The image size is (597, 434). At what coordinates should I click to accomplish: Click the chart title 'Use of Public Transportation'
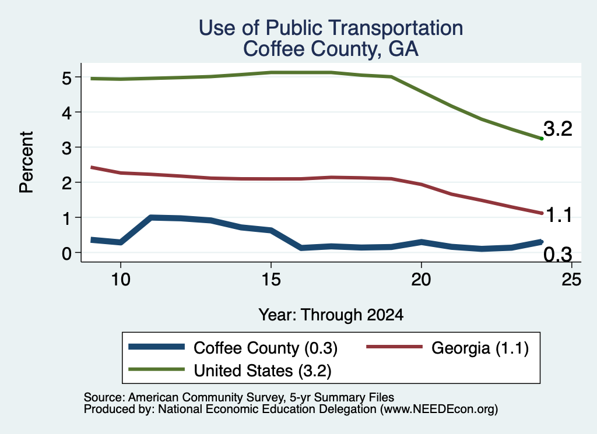click(331, 28)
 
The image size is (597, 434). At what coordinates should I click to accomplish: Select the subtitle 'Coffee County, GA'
click(331, 49)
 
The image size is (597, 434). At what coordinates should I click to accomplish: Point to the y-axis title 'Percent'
click(27, 162)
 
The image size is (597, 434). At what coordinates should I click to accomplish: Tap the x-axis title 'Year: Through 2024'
click(331, 315)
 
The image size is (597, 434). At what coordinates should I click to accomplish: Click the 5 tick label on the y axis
click(66, 77)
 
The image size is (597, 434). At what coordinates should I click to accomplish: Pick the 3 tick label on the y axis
click(66, 147)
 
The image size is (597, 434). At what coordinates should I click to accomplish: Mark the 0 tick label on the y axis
click(66, 253)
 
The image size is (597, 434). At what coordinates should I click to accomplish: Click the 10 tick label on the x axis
click(121, 280)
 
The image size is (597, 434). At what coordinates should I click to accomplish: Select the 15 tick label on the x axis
click(271, 280)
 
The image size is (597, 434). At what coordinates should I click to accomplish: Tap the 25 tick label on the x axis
click(571, 280)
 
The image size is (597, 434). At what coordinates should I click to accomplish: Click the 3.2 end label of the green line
click(558, 129)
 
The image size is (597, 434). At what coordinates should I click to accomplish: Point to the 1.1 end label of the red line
click(559, 216)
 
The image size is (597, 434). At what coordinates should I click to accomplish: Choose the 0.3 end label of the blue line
click(558, 254)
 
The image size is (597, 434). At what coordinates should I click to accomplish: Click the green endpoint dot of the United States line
click(542, 139)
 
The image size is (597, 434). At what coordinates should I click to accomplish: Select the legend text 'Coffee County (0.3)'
click(265, 348)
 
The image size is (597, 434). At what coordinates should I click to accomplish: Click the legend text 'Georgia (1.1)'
click(480, 348)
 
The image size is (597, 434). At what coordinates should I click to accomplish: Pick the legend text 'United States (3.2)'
click(262, 371)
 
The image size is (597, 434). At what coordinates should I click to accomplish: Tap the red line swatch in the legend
click(395, 347)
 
